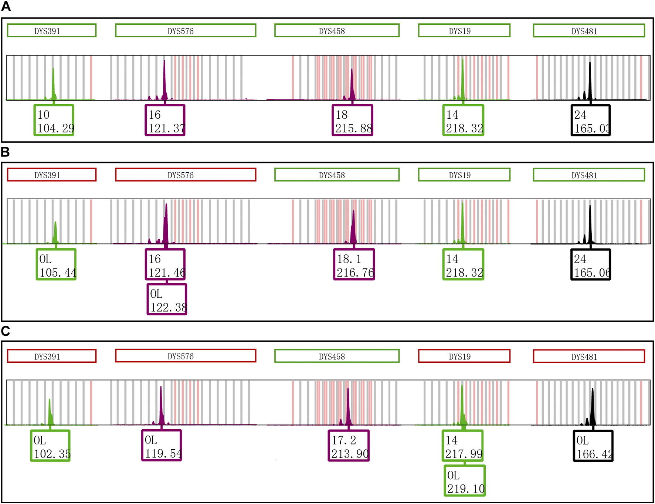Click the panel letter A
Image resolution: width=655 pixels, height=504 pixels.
pos(6,6)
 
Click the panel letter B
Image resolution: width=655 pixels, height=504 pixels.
pos(5,152)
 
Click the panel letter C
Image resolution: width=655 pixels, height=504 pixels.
pos(6,331)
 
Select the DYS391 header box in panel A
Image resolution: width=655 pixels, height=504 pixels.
pos(51,31)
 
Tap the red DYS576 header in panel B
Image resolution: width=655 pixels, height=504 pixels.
pos(186,175)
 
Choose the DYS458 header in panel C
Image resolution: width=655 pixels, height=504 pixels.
pos(337,356)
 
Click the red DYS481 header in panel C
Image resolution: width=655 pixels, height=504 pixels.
pos(589,356)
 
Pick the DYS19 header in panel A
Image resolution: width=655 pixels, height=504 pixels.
pos(464,31)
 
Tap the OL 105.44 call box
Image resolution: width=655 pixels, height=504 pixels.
pos(56,265)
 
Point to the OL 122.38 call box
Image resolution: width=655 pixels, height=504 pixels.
pos(167,300)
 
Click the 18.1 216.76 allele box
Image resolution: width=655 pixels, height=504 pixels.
pos(354,265)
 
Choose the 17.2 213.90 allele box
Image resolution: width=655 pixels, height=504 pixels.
pos(349,446)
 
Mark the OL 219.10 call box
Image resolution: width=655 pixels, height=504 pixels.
pos(465,481)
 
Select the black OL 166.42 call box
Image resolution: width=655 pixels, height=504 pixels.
pos(593,446)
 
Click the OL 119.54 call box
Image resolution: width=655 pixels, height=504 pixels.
pos(162,446)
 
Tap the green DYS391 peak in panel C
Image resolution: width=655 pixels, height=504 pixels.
pos(50,412)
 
